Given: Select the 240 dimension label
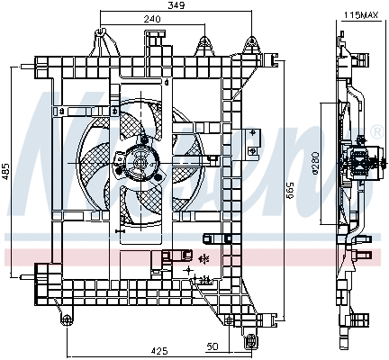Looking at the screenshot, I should pyautogui.click(x=152, y=20).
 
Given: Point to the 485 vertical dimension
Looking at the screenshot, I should pyautogui.click(x=7, y=170).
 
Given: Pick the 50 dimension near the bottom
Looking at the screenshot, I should pyautogui.click(x=213, y=346).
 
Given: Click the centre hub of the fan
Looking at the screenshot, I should pyautogui.click(x=140, y=161).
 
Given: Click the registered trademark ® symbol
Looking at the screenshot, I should pyautogui.click(x=375, y=132).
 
